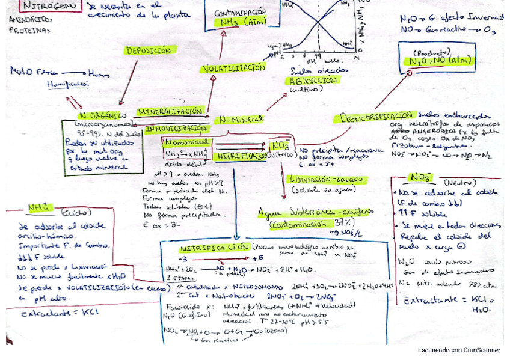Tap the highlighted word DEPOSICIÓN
tap(148, 51)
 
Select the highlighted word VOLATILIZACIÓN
tap(233, 68)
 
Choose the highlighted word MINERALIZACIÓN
tap(171, 112)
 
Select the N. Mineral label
tap(242, 119)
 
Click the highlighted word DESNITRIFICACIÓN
tap(377, 116)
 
